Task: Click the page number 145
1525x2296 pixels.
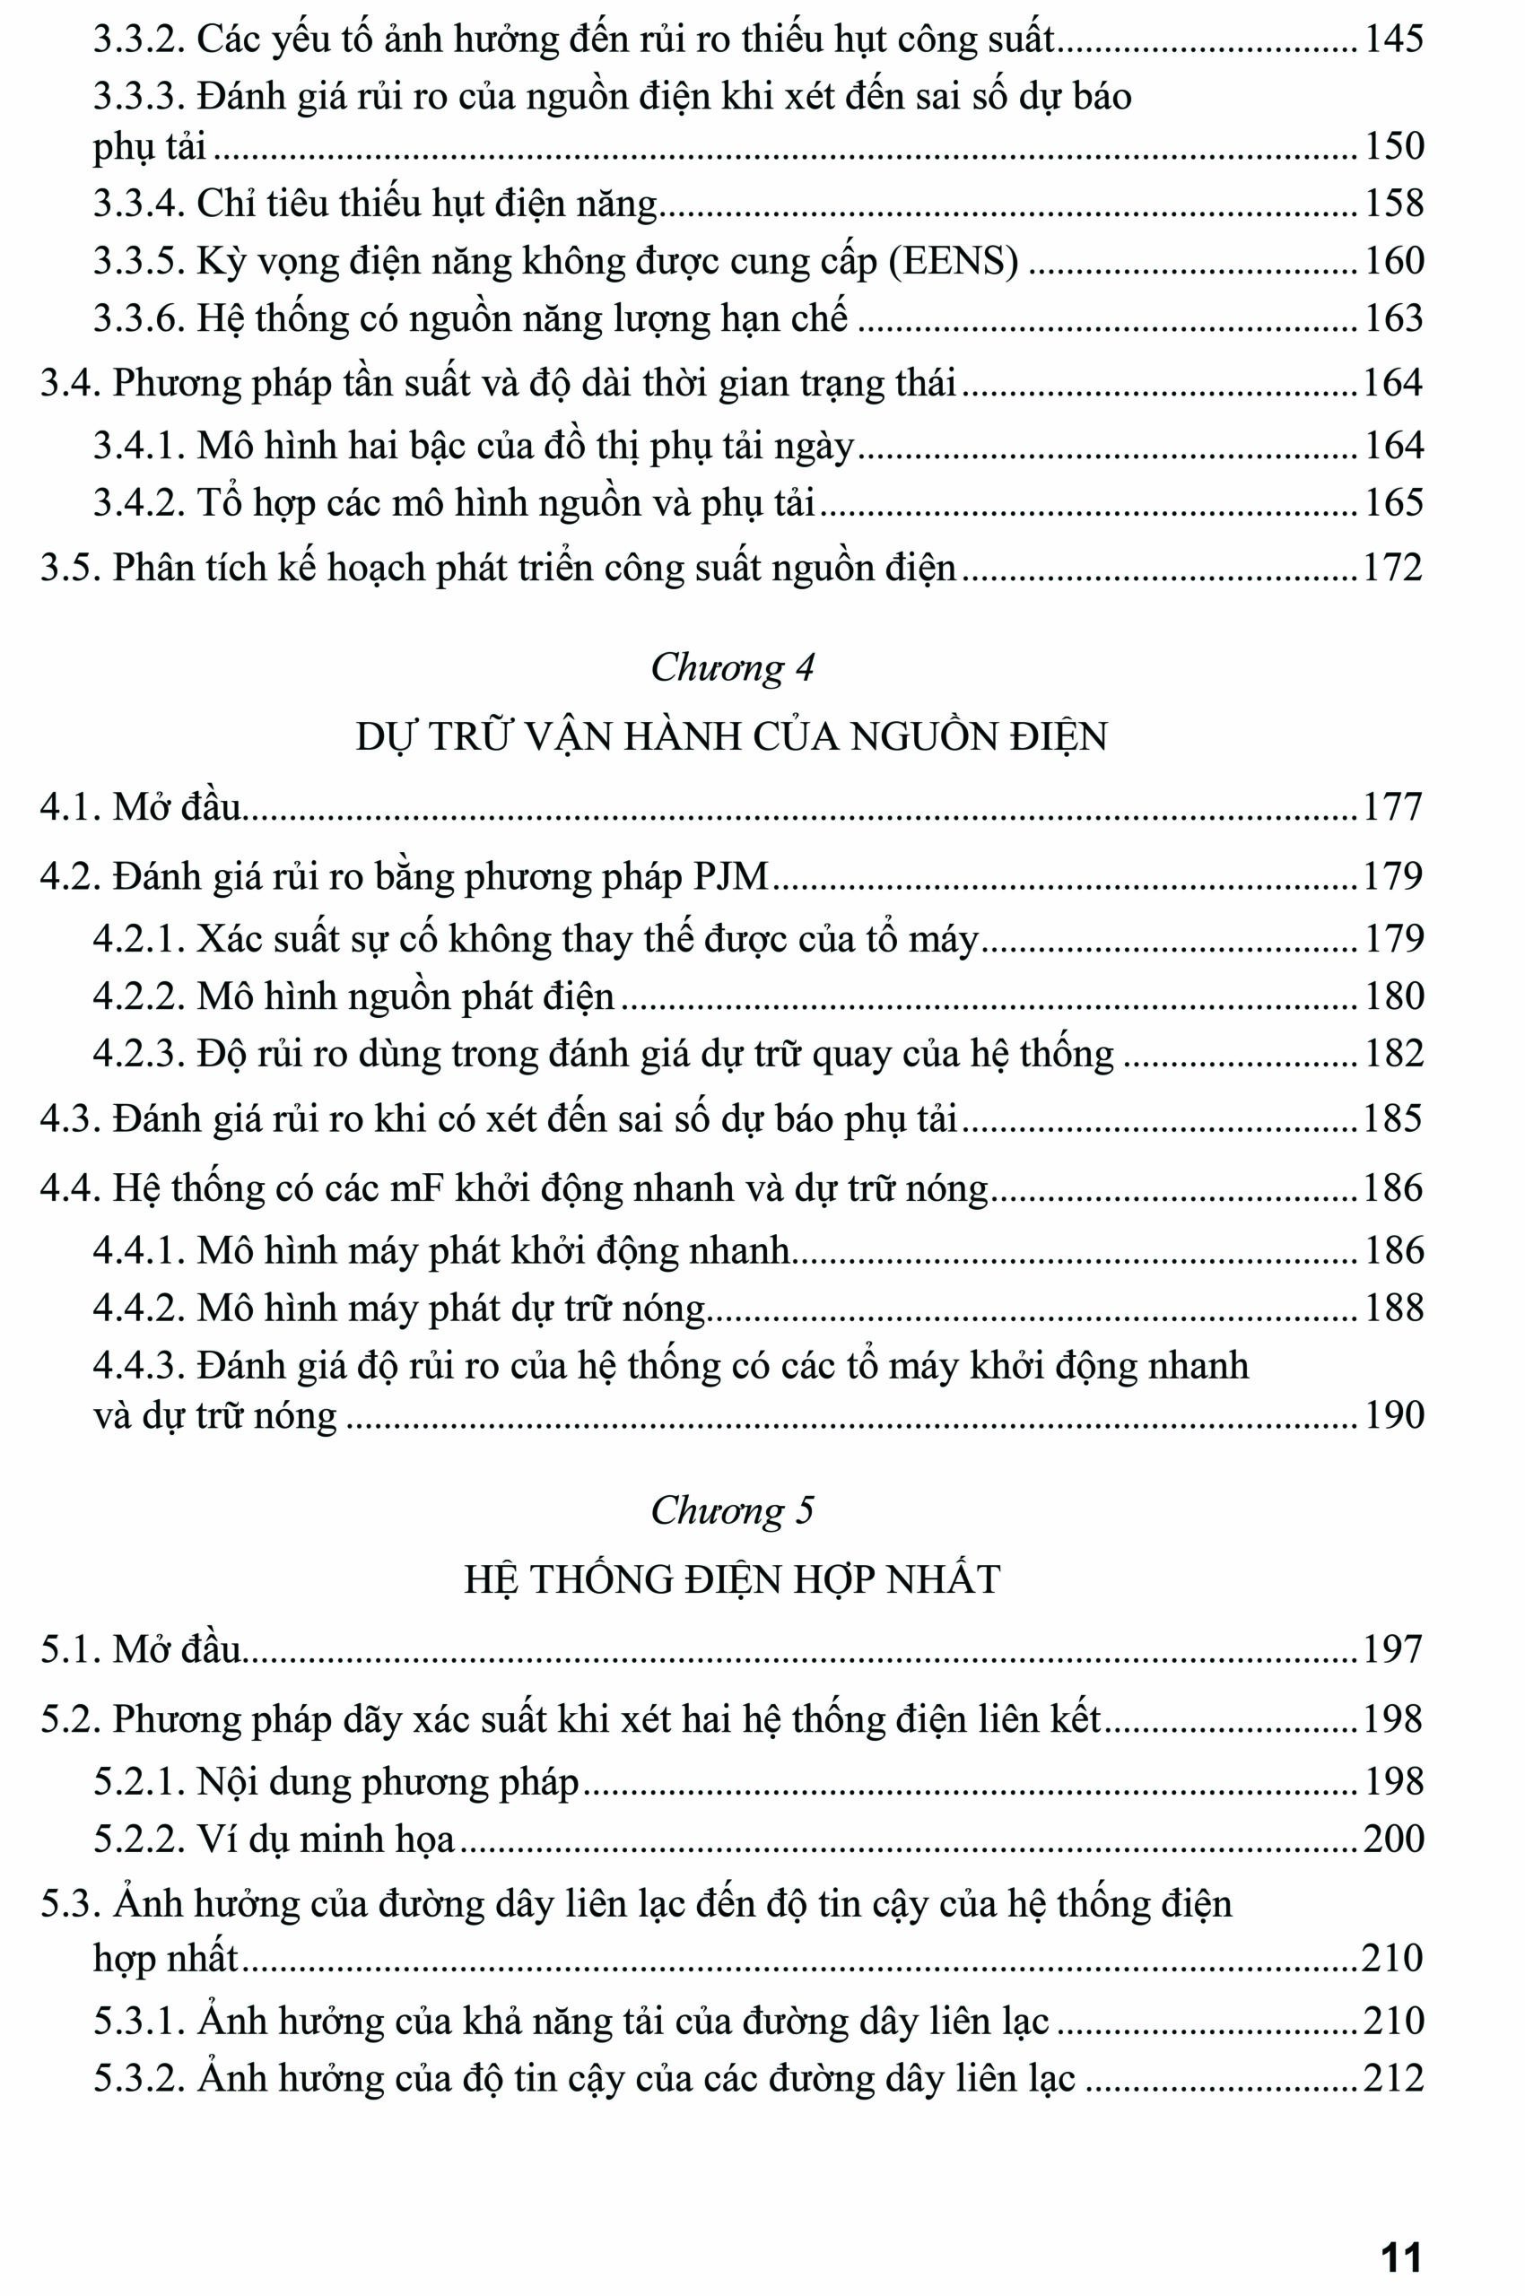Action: click(x=1394, y=39)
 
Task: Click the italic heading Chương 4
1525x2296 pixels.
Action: click(x=731, y=667)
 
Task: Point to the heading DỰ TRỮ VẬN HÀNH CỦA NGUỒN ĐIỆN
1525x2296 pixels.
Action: click(x=731, y=737)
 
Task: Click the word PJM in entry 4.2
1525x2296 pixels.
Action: click(x=730, y=877)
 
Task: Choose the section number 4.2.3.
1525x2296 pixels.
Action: click(x=139, y=1054)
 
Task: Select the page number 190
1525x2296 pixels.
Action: click(x=1394, y=1415)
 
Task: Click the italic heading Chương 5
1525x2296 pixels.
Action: click(x=731, y=1510)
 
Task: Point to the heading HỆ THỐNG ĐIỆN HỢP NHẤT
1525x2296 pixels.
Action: click(x=731, y=1579)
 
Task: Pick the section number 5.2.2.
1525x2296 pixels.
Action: click(x=139, y=1839)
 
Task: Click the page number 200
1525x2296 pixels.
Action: click(x=1393, y=1839)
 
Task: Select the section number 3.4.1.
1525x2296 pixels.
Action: click(x=139, y=447)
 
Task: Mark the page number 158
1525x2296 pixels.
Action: click(x=1394, y=204)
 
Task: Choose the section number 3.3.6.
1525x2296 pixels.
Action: click(x=139, y=319)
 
